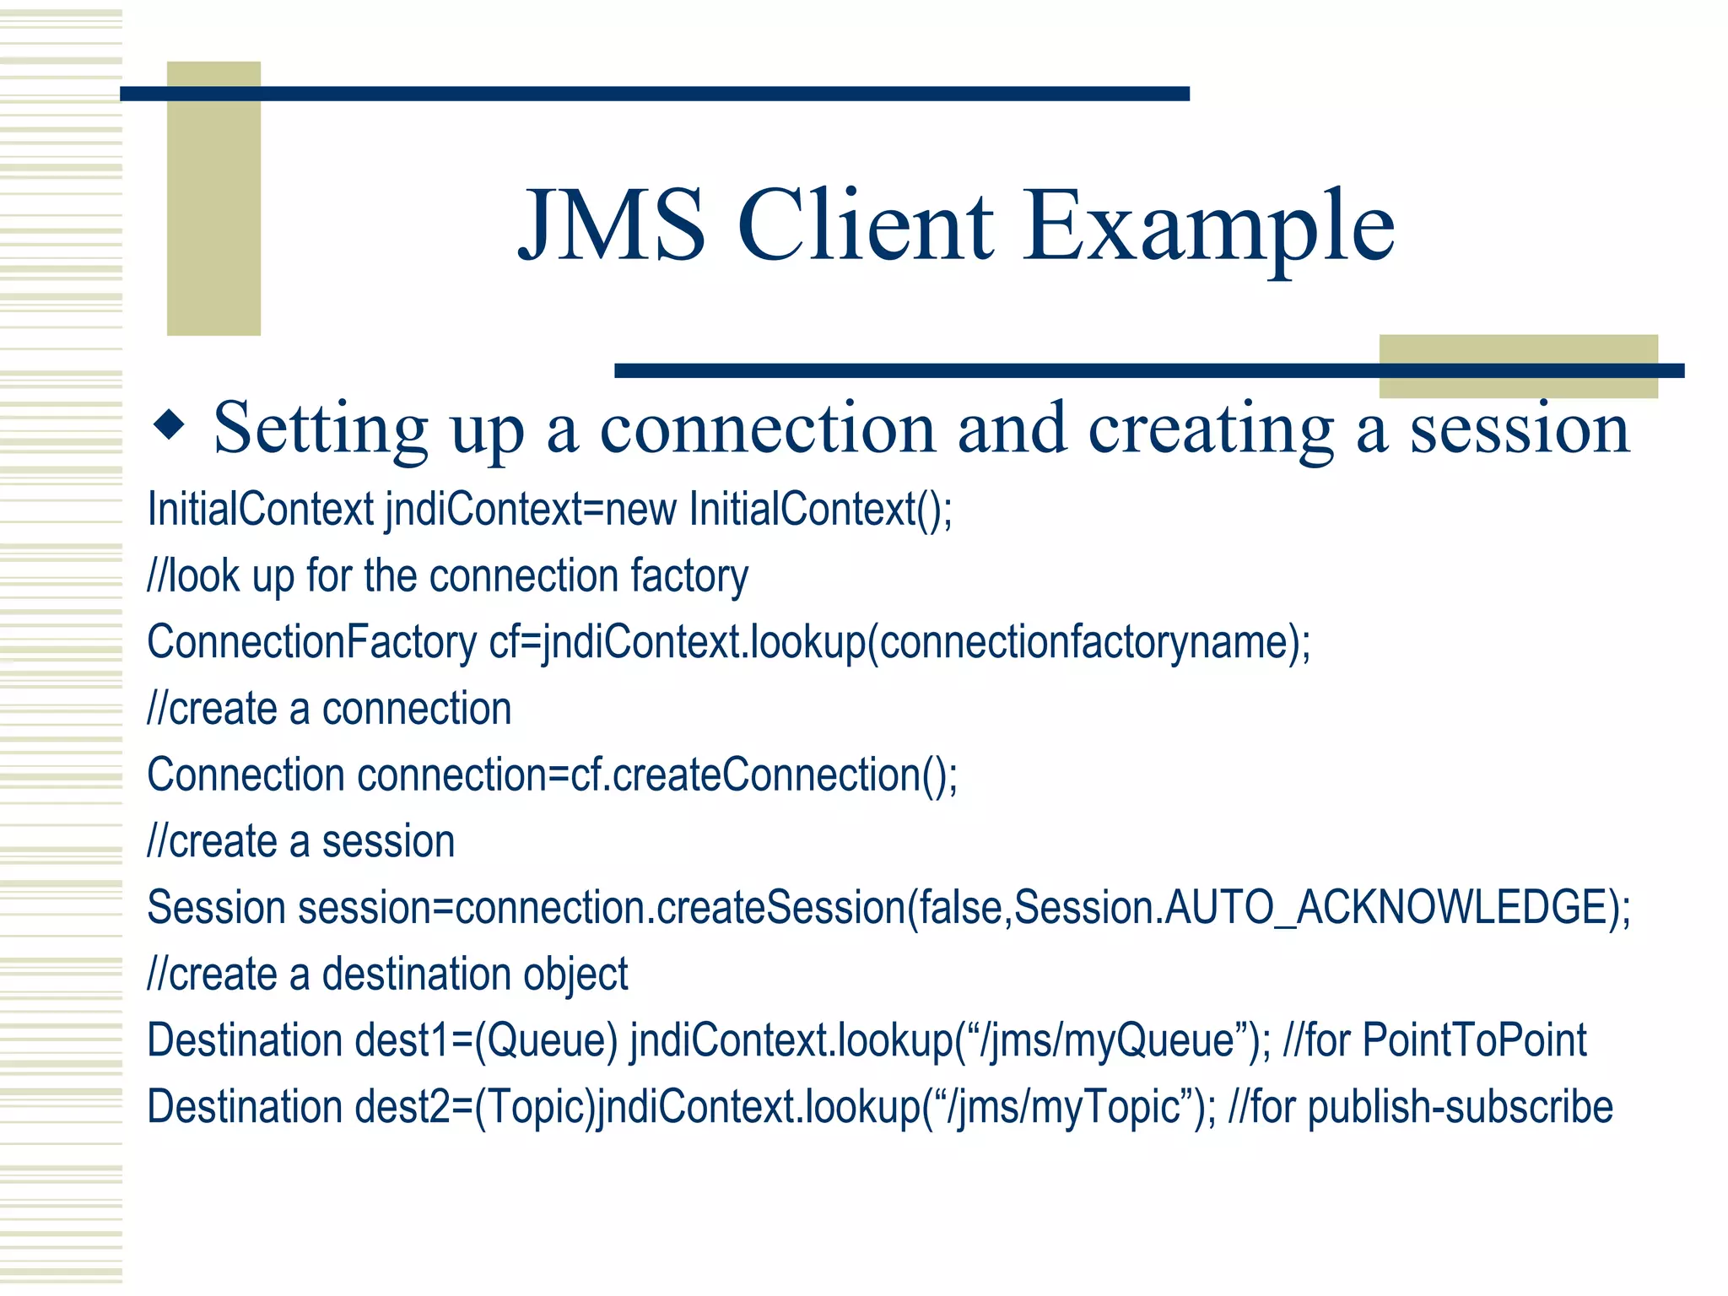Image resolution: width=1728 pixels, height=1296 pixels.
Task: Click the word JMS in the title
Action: (612, 226)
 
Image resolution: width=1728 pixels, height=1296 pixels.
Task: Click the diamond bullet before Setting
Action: (170, 424)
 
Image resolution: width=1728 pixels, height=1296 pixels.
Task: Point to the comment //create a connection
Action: (329, 709)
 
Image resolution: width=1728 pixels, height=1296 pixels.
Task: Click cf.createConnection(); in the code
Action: (764, 775)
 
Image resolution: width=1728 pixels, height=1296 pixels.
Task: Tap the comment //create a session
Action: (301, 842)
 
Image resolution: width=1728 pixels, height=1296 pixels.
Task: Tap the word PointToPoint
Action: (1474, 1040)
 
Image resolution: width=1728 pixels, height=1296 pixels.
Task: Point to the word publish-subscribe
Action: (1460, 1107)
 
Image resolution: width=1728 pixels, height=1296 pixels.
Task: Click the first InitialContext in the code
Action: (260, 510)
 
